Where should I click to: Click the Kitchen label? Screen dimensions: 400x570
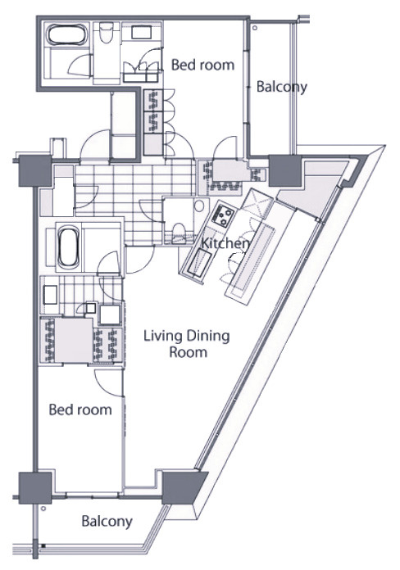225,243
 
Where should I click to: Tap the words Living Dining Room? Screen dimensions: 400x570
187,343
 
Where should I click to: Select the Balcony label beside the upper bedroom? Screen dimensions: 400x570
282,88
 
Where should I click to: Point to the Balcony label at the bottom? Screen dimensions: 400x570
107,522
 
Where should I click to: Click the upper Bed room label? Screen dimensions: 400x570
202,65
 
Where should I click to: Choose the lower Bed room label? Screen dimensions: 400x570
80,409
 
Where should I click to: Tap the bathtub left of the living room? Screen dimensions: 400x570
69,247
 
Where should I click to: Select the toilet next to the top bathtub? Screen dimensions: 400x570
107,33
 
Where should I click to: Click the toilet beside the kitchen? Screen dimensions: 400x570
180,233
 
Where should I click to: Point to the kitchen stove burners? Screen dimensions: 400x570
223,215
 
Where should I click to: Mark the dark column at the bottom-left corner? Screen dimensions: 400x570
35,488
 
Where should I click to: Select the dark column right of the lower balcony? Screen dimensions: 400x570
183,487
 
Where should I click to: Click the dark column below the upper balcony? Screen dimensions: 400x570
285,170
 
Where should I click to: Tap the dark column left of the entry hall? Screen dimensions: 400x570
35,171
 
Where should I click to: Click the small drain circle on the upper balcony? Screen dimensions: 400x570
255,28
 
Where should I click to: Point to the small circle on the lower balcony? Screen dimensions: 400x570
43,509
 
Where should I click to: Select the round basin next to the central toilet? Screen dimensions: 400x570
199,206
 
